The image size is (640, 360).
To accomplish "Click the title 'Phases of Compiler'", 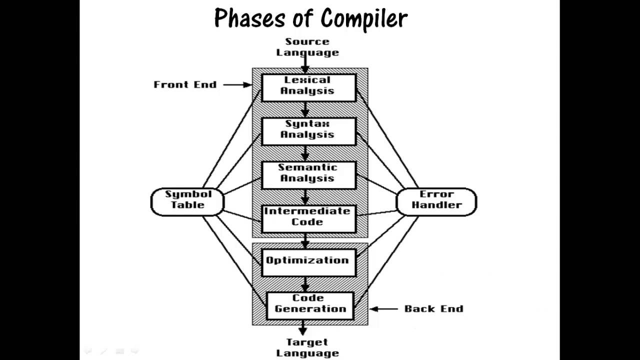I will pyautogui.click(x=310, y=18).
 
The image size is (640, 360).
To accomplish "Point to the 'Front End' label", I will pyautogui.click(x=185, y=84).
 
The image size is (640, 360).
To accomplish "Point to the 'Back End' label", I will pyautogui.click(x=433, y=309).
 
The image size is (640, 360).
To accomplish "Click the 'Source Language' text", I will pyautogui.click(x=307, y=47).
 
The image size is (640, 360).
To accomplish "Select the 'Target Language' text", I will pyautogui.click(x=307, y=347).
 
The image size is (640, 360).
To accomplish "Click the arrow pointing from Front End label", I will pyautogui.click(x=237, y=84).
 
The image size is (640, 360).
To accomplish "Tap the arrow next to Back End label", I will pyautogui.click(x=384, y=309).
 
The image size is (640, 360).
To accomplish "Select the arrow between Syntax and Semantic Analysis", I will pyautogui.click(x=305, y=153).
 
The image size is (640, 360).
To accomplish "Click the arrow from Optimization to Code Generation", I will pyautogui.click(x=305, y=284).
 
